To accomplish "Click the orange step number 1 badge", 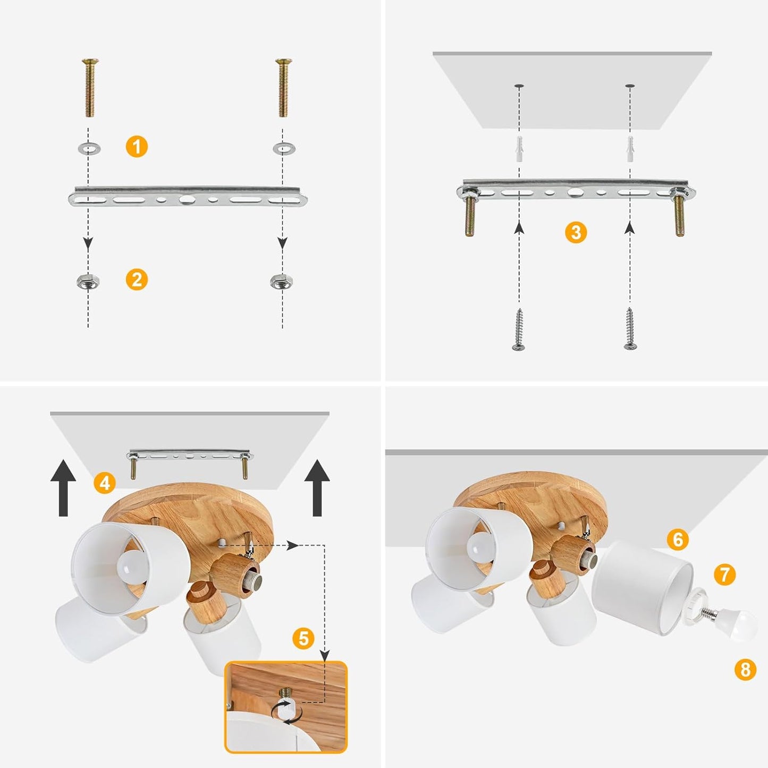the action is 137,147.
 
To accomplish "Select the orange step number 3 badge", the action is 576,232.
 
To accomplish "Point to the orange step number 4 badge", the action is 105,483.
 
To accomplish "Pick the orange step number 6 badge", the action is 677,539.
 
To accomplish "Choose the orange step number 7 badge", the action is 724,575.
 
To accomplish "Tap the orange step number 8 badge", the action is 745,669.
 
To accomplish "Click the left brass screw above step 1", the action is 90,88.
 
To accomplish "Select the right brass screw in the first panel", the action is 283,88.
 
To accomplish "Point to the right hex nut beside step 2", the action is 282,282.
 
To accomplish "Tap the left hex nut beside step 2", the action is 88,282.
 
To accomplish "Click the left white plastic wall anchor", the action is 519,149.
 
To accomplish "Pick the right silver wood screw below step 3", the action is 630,329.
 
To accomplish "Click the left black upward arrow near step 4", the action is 63,488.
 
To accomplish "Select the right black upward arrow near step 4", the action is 317,488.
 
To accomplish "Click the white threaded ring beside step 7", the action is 699,603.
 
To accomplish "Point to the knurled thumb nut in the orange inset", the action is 286,718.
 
